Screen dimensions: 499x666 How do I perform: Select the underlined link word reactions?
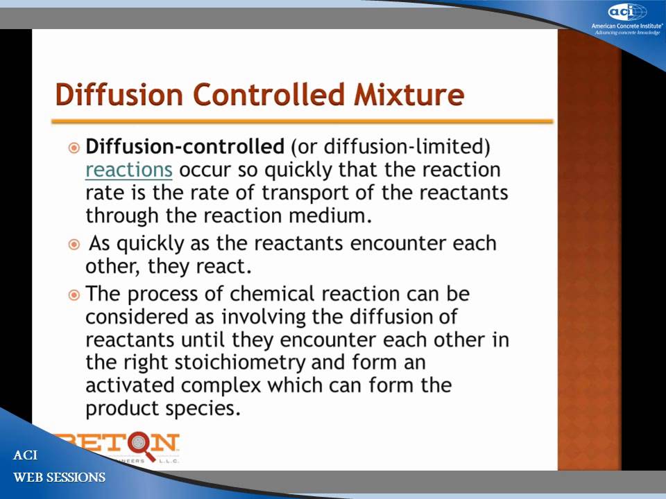[x=128, y=170]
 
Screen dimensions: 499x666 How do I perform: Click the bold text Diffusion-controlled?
[x=185, y=147]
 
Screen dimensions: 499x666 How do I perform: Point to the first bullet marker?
[x=74, y=148]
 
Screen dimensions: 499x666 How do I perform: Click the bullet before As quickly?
[x=74, y=244]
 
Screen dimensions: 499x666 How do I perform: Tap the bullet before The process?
[x=74, y=295]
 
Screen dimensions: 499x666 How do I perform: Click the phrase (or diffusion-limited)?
[x=391, y=147]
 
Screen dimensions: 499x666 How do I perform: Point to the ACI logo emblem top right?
[x=627, y=12]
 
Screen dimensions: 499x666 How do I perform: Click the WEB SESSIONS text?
[x=60, y=478]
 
